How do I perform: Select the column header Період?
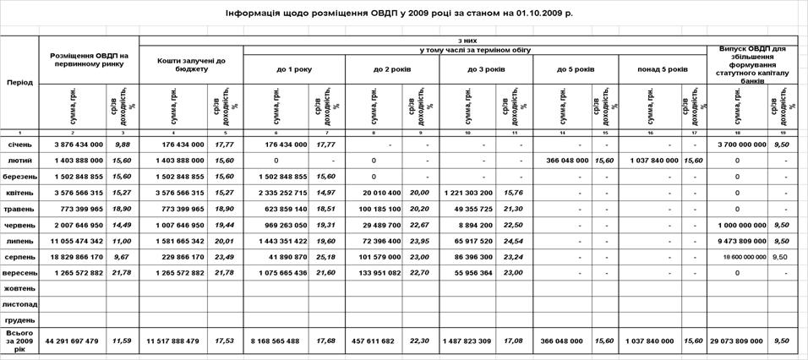[19, 82]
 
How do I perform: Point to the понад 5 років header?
[662, 68]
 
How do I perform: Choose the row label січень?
[19, 145]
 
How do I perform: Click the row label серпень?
[19, 256]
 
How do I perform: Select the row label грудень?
[19, 320]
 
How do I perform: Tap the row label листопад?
[19, 304]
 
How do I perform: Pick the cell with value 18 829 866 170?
[73, 256]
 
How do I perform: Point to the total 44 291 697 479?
[73, 341]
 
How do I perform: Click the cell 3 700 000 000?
[739, 145]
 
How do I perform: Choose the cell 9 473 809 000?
[739, 240]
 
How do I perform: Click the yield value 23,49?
[224, 256]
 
